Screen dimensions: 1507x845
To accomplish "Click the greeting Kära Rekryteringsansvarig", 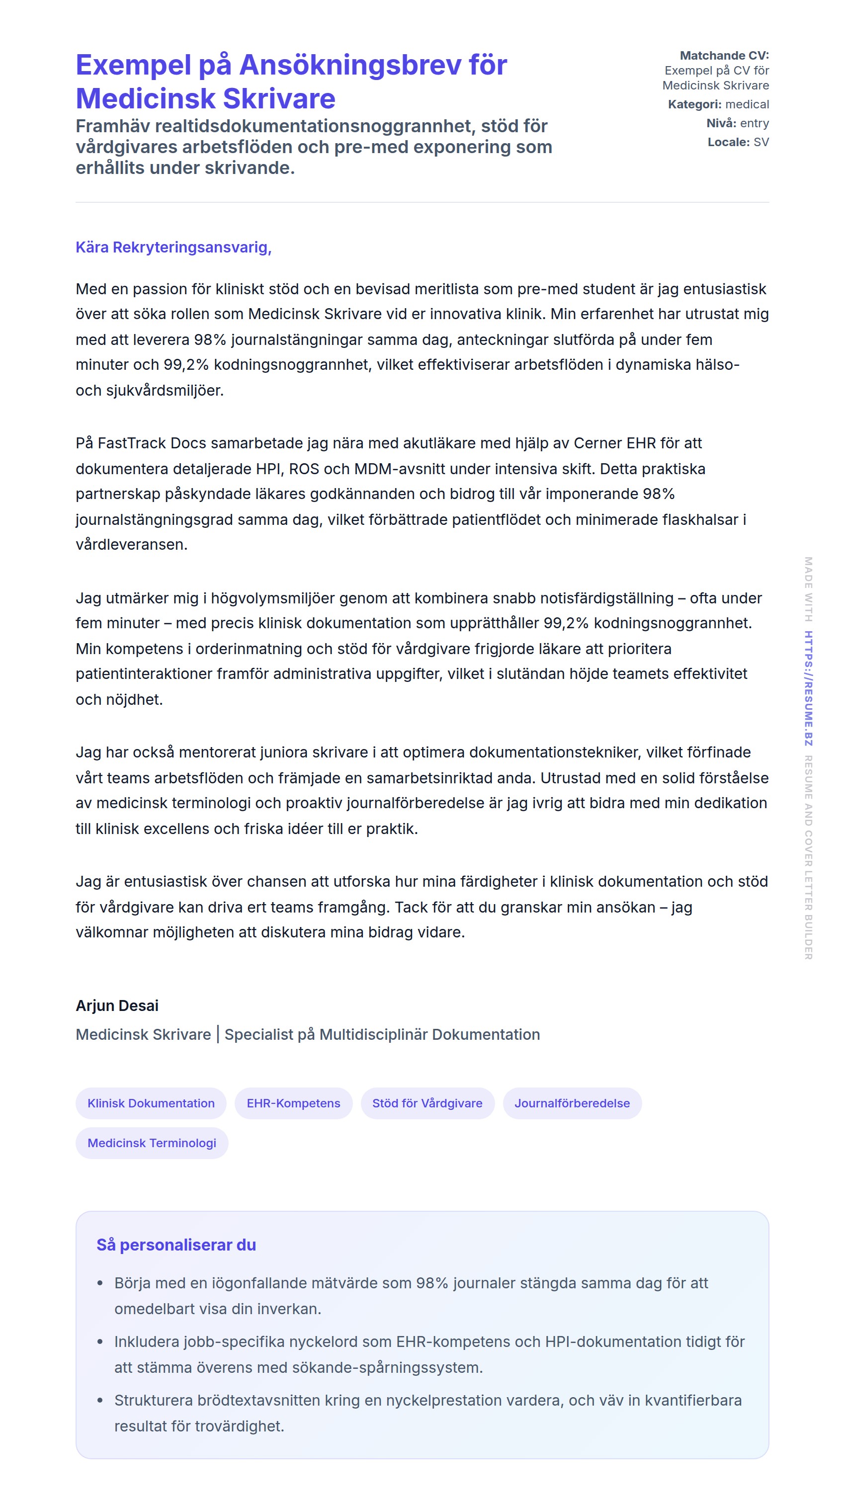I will (x=173, y=248).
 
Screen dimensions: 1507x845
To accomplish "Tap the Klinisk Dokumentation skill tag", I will (x=151, y=1103).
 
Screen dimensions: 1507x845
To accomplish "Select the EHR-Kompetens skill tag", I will (x=293, y=1103).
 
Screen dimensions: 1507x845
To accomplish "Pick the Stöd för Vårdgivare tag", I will (x=427, y=1103).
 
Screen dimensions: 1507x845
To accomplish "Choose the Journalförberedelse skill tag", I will (x=572, y=1103).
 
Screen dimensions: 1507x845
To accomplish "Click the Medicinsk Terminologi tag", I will (x=152, y=1143).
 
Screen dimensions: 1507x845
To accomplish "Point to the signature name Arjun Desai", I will (x=117, y=1005).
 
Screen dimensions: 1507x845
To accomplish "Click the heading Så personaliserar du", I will (x=176, y=1245).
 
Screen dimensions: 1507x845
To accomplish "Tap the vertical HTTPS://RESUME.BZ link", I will (x=808, y=688).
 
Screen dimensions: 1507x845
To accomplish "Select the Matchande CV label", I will (x=724, y=56).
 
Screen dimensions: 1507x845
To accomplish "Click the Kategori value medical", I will (x=747, y=104).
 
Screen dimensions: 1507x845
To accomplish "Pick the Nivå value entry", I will (x=755, y=123).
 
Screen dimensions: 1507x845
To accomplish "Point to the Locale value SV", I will (x=761, y=142).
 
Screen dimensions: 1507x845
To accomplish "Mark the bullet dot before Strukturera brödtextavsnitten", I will (x=100, y=1401).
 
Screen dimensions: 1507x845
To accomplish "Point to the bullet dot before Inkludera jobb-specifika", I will (x=100, y=1342).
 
